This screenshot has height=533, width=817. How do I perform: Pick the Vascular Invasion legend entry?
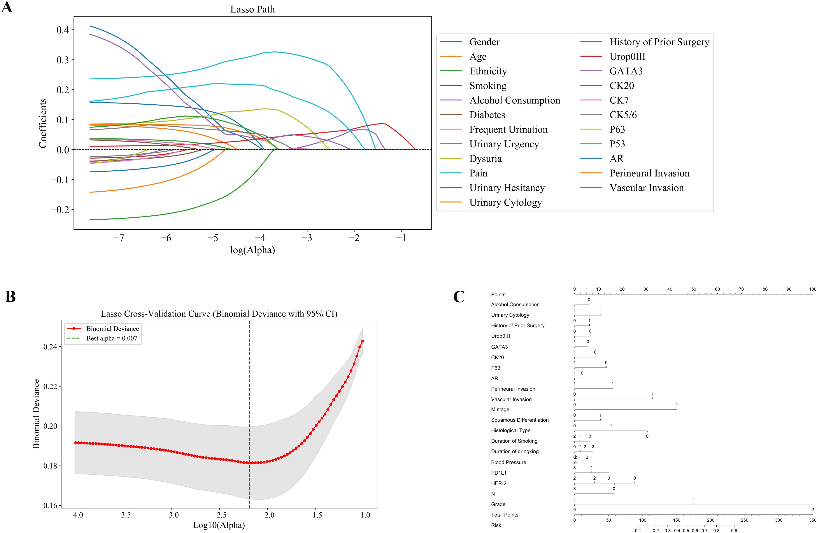[646, 188]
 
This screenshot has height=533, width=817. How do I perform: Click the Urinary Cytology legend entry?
[505, 203]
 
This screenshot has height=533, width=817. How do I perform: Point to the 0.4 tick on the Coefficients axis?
[63, 30]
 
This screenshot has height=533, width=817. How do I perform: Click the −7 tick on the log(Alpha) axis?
[119, 238]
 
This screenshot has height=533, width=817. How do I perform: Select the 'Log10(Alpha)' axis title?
[219, 525]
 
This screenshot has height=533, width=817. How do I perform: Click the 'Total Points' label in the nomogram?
[504, 515]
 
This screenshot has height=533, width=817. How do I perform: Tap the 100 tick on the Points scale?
[812, 289]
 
